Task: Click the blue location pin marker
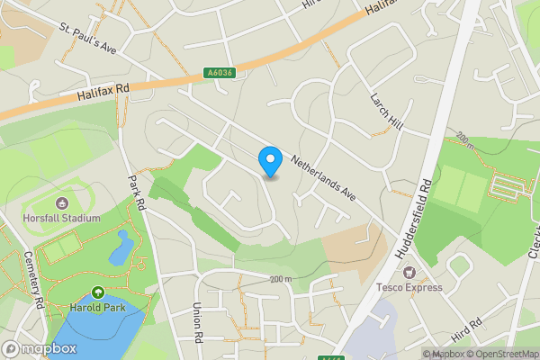[270, 161]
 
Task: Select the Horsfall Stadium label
[62, 217]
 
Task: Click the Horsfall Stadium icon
[62, 202]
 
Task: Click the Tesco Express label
[409, 287]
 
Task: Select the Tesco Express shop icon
[409, 272]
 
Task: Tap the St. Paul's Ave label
[87, 37]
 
